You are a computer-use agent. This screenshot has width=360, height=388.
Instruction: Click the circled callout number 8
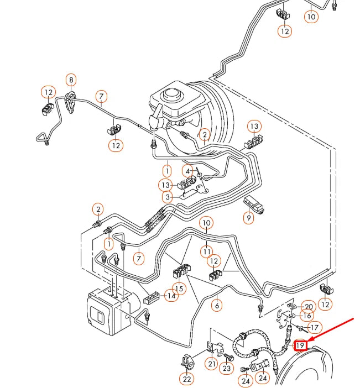(x=71, y=80)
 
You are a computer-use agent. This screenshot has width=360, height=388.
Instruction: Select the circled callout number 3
(x=168, y=197)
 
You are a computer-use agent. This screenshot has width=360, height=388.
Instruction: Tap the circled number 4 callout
(x=188, y=171)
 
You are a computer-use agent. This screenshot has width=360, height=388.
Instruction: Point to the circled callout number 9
(x=248, y=218)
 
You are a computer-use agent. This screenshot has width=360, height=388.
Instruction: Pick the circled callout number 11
(x=206, y=252)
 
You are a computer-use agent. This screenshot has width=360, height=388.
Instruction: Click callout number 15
(x=179, y=288)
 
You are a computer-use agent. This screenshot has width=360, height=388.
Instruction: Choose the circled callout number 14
(x=172, y=296)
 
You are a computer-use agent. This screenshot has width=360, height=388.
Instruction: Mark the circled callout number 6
(x=217, y=305)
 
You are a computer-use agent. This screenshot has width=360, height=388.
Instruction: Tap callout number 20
(x=309, y=307)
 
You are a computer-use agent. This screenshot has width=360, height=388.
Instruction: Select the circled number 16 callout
(x=306, y=316)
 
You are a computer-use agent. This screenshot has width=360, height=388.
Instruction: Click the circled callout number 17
(x=314, y=328)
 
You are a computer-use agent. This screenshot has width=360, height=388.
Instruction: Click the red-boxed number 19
(x=300, y=346)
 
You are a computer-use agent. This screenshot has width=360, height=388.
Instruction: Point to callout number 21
(x=211, y=364)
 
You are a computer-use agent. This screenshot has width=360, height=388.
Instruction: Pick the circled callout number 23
(x=227, y=368)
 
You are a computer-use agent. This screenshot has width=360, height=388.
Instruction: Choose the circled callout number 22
(x=187, y=379)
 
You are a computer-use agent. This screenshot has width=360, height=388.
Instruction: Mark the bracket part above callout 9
(x=256, y=203)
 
